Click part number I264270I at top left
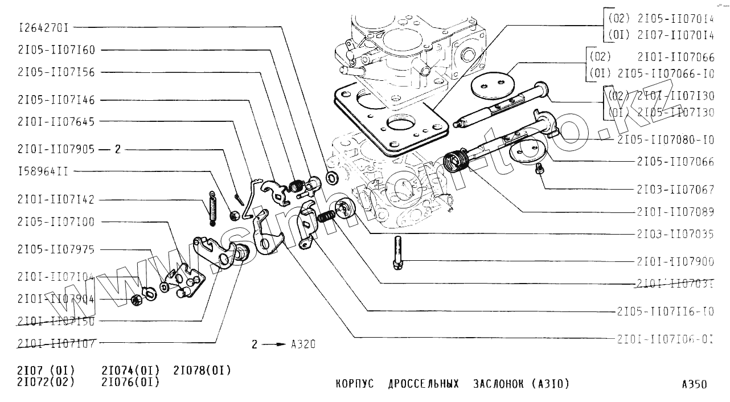click(45, 27)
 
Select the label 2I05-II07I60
click(56, 50)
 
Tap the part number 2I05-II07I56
click(56, 72)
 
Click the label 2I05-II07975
click(56, 250)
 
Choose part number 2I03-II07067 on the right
click(675, 190)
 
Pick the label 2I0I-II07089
click(675, 212)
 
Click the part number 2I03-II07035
click(675, 233)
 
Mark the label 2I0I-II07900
click(675, 261)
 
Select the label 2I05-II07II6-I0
click(665, 311)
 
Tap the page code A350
click(694, 384)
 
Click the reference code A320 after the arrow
click(303, 344)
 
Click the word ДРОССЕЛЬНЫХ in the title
click(423, 384)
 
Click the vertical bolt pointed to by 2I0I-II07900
click(397, 253)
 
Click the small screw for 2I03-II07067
click(539, 168)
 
